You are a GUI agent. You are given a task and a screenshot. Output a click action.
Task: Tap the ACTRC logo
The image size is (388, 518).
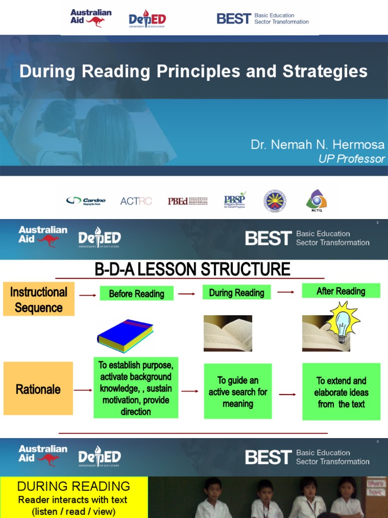pyautogui.click(x=136, y=201)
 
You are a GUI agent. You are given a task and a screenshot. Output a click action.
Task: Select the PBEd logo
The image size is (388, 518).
pyautogui.click(x=187, y=201)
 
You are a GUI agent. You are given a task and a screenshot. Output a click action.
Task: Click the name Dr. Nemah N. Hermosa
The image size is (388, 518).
pyautogui.click(x=317, y=145)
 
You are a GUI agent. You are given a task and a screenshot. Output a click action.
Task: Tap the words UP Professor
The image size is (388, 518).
pyautogui.click(x=351, y=159)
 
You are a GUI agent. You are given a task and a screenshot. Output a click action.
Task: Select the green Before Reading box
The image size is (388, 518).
pyautogui.click(x=136, y=293)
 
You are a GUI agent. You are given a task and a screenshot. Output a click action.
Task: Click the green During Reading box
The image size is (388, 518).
pyautogui.click(x=236, y=292)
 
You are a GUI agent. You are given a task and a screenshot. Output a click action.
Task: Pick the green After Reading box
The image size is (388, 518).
pyautogui.click(x=341, y=291)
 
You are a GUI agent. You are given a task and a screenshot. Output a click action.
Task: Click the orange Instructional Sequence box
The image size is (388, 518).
pyautogui.click(x=39, y=299)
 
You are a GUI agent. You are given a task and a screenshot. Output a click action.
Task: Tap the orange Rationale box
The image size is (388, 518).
pyautogui.click(x=38, y=389)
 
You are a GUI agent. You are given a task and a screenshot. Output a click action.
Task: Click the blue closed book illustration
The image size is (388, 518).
pyautogui.click(x=125, y=336)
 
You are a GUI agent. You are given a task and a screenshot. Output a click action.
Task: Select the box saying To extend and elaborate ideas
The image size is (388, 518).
pyautogui.click(x=341, y=392)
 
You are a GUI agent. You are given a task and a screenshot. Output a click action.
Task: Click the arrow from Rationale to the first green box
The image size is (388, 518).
pyautogui.click(x=83, y=390)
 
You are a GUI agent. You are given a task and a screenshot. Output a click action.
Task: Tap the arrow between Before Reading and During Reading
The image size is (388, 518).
pyautogui.click(x=186, y=294)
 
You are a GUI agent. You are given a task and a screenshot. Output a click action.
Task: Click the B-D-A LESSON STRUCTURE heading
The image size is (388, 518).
pyautogui.click(x=192, y=269)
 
